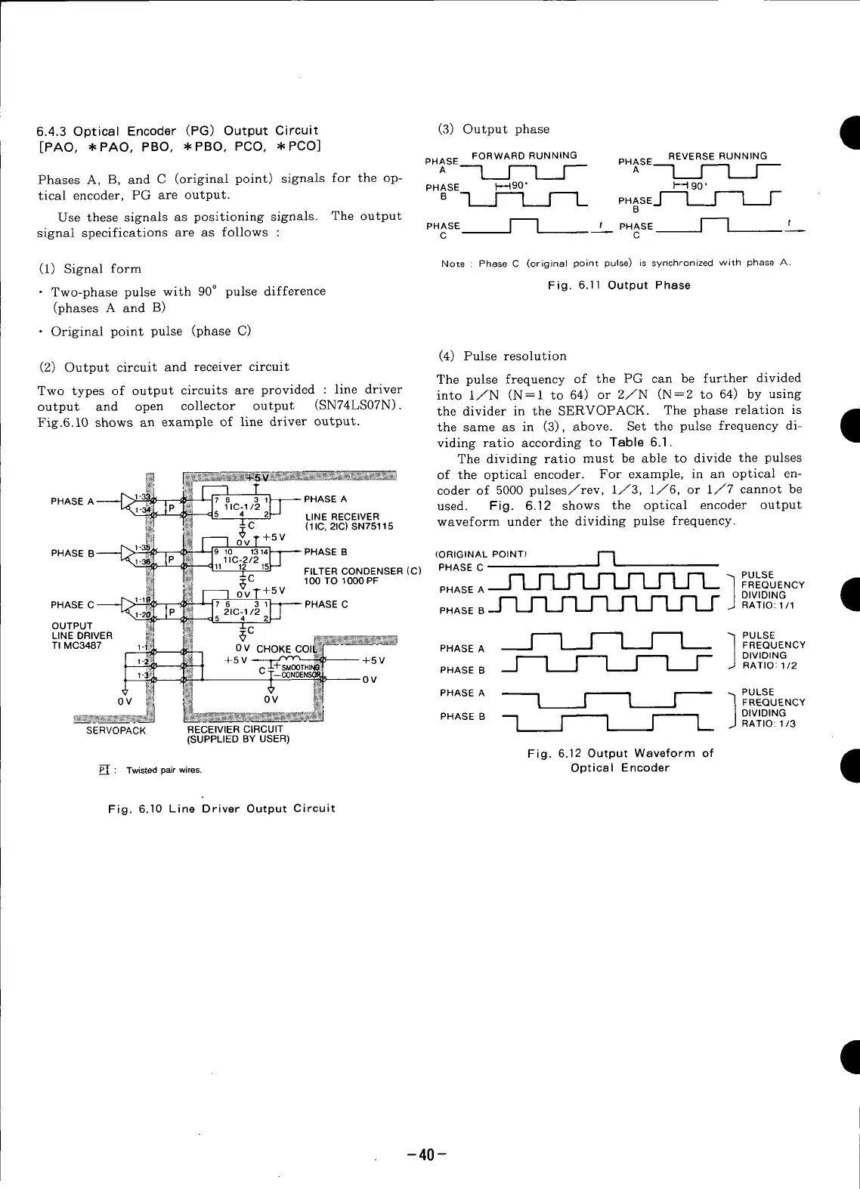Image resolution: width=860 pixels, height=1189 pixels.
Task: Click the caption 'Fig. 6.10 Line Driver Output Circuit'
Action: [221, 808]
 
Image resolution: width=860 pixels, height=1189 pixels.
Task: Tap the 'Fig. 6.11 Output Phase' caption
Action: [619, 286]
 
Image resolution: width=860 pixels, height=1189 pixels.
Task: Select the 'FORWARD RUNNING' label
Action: [524, 156]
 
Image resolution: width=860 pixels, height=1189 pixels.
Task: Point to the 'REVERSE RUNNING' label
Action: [717, 156]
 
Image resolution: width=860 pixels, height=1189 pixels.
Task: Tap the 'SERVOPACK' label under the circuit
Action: [116, 730]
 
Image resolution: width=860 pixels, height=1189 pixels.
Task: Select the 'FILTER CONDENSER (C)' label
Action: [362, 571]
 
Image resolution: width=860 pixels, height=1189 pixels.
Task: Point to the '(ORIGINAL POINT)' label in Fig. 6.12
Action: [481, 554]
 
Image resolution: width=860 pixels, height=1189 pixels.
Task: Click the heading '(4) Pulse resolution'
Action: [502, 356]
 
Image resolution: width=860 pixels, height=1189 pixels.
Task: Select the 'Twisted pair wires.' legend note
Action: [164, 771]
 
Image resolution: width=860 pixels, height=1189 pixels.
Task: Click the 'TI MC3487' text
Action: [76, 645]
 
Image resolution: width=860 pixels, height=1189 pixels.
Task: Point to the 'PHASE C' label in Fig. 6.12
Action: [461, 567]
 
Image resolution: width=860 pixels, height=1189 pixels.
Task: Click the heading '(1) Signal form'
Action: [90, 269]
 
